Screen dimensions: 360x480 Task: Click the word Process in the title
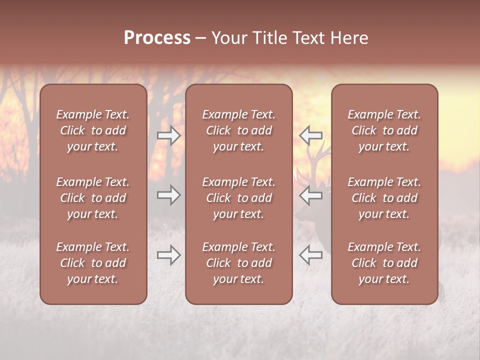[x=157, y=38]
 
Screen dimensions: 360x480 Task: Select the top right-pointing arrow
[x=169, y=135]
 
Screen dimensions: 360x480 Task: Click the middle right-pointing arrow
[x=169, y=195]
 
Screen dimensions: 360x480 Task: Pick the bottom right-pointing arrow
[x=169, y=255]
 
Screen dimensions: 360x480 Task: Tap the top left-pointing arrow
[x=311, y=135]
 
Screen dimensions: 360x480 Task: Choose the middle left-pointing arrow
[x=311, y=195]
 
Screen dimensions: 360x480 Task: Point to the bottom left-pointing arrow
[x=311, y=255]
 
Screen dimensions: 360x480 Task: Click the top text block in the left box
[x=93, y=130]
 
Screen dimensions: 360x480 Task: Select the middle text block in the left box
[x=93, y=198]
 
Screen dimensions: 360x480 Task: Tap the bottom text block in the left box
[x=93, y=263]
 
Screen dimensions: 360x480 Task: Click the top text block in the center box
[x=238, y=130]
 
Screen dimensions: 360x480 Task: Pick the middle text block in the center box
[x=238, y=198]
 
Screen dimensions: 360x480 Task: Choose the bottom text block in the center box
[x=238, y=263]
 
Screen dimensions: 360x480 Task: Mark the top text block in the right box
[x=384, y=130]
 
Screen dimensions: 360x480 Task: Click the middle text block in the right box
[x=384, y=198]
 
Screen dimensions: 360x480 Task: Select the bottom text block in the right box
[x=384, y=263]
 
